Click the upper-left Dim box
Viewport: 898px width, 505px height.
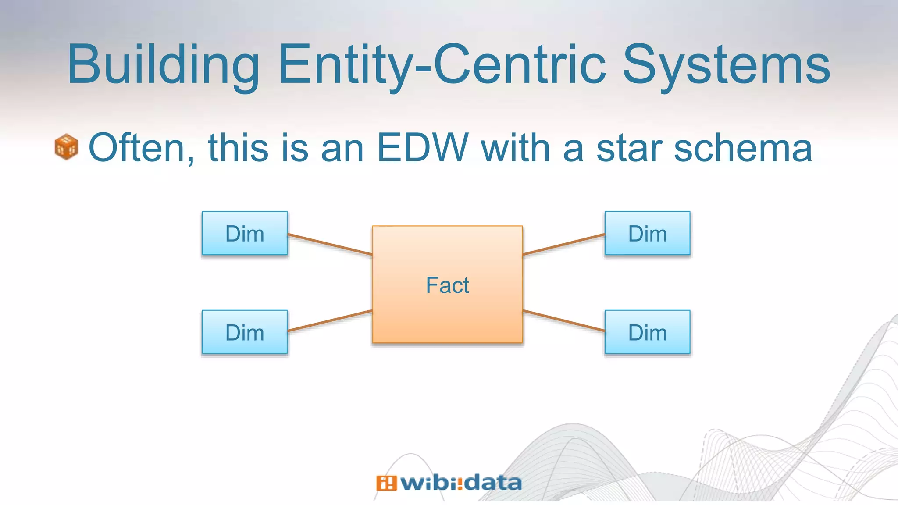point(245,233)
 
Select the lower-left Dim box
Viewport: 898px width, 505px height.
point(245,332)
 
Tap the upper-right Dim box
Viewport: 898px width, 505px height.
point(647,233)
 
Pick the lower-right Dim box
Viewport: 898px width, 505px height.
point(647,332)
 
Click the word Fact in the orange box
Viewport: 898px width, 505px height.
point(447,285)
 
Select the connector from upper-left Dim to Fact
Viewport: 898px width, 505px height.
point(330,244)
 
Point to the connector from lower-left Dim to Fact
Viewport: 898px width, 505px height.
point(330,321)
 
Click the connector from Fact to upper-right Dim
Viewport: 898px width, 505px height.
point(564,244)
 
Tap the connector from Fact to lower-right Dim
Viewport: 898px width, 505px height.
point(564,321)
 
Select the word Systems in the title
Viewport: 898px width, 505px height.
point(726,64)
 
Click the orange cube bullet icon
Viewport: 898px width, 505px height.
point(67,147)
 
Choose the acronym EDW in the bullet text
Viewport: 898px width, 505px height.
point(423,148)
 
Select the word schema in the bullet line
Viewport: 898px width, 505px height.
point(743,148)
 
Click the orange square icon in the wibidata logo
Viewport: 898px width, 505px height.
point(386,483)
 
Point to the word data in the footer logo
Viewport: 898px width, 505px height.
point(493,483)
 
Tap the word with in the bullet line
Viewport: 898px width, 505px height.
point(516,148)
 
